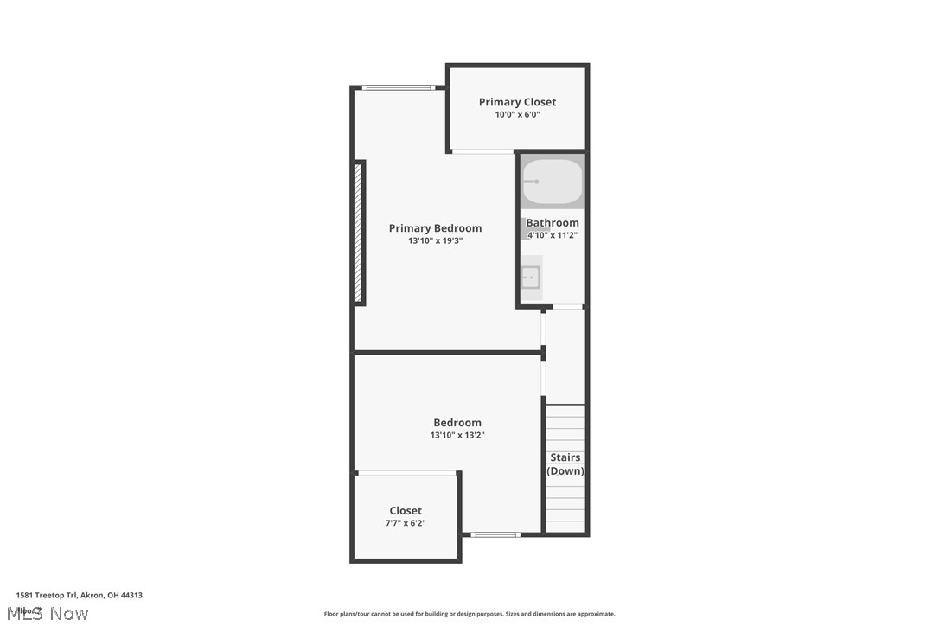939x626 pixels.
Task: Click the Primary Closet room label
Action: [x=517, y=102]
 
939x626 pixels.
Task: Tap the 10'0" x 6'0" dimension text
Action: [x=517, y=115]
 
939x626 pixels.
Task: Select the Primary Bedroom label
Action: [x=435, y=228]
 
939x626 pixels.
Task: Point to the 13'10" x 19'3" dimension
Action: [x=435, y=241]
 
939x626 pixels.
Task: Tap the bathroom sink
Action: [x=531, y=278]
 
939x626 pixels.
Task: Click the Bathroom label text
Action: [x=553, y=223]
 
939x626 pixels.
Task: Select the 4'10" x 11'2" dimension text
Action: [x=553, y=235]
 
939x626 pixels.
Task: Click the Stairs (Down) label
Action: [x=565, y=464]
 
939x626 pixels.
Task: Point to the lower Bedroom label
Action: [x=457, y=423]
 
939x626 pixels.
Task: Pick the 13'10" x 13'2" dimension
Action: [x=457, y=435]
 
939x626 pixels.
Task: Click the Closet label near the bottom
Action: [x=406, y=511]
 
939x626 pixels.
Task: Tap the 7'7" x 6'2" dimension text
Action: [x=406, y=523]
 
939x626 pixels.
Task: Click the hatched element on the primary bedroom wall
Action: [x=357, y=232]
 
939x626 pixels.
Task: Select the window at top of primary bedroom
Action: [x=398, y=87]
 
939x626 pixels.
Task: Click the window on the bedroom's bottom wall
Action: [x=495, y=534]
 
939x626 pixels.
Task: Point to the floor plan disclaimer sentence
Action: [x=469, y=614]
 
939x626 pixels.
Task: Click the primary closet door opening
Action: [x=482, y=152]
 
